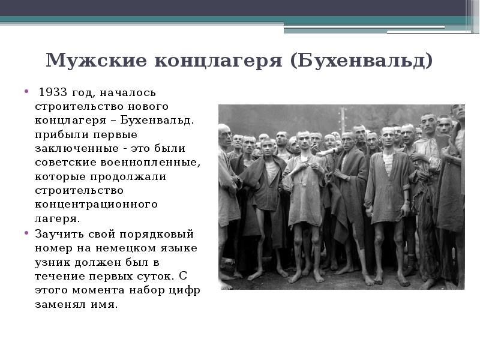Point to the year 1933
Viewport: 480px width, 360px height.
tap(50, 93)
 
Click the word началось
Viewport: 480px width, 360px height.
tap(128, 93)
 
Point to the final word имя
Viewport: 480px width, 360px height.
tap(106, 304)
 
